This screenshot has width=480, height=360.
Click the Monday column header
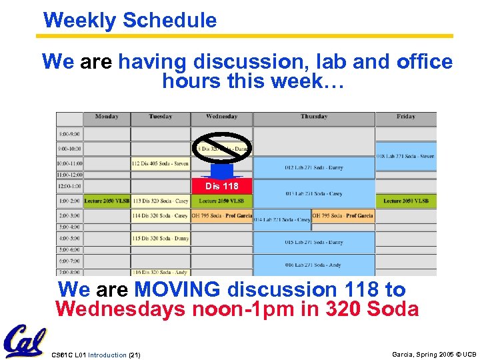(x=107, y=117)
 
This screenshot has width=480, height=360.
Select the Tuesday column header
(x=161, y=117)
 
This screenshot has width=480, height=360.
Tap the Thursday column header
(x=313, y=117)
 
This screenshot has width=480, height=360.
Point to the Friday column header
(x=405, y=117)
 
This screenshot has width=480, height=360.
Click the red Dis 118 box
(x=222, y=186)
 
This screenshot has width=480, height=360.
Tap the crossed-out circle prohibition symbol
(x=222, y=150)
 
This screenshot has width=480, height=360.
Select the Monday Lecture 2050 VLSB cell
(x=107, y=201)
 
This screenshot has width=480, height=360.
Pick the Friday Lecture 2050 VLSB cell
(x=405, y=201)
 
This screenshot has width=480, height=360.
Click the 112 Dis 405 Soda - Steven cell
(x=161, y=163)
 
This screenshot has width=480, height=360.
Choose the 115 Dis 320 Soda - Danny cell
(x=161, y=238)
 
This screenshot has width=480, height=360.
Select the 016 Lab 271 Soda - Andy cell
(x=313, y=265)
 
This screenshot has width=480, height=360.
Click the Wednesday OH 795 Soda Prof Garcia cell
(x=222, y=215)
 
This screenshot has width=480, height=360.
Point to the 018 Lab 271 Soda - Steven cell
(x=405, y=156)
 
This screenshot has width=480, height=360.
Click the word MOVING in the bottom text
(x=177, y=290)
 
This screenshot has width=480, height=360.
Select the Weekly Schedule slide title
(x=130, y=20)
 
